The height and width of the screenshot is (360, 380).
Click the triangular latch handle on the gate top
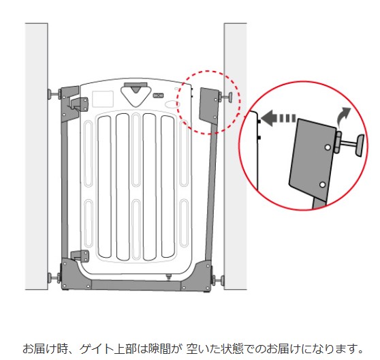point(136,95)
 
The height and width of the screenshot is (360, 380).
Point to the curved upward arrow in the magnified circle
point(344,116)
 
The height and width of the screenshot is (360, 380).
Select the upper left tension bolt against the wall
point(54,94)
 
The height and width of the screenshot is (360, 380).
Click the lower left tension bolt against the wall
point(54,277)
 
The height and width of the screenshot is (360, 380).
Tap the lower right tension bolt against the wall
point(218,280)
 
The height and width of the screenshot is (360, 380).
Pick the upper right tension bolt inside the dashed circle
point(225,97)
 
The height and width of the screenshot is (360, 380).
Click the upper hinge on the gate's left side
point(80,104)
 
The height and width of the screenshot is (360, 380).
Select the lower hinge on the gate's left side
point(80,256)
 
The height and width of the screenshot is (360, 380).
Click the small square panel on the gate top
point(103,99)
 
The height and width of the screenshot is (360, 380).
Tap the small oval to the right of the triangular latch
point(171,104)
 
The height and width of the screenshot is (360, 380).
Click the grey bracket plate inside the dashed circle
point(209,106)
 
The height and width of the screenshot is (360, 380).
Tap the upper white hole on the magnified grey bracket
point(328,147)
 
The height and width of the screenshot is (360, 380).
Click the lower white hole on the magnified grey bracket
point(322,185)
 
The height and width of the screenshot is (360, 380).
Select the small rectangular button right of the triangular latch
point(158,95)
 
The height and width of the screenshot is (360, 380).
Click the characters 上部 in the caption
point(125,349)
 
